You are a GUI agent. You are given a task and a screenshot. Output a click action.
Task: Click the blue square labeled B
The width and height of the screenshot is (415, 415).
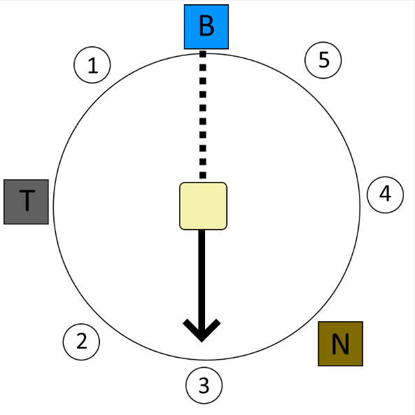point(206,27)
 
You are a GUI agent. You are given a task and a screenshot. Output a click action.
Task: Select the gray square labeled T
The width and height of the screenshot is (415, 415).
point(26,202)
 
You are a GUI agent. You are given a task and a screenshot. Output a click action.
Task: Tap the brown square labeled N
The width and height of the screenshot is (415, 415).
point(340,344)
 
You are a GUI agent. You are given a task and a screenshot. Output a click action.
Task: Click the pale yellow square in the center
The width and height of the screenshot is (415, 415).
point(203,206)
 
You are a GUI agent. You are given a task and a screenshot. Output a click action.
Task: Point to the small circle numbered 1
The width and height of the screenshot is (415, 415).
point(92,65)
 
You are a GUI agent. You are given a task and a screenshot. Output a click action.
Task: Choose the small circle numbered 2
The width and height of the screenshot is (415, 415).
point(81,342)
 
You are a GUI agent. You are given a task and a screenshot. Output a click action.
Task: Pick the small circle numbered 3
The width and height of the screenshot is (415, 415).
point(204,386)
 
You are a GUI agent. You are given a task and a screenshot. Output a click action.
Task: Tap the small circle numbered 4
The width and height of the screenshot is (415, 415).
point(386,195)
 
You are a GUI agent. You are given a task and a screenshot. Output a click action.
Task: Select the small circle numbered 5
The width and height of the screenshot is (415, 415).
point(323,60)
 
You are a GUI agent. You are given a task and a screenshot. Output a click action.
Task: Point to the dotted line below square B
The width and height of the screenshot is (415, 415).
point(203,114)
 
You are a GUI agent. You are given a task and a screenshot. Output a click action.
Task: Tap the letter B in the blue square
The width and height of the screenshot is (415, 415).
point(206,26)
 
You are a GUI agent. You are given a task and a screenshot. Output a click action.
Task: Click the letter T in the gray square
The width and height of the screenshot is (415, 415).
point(27,200)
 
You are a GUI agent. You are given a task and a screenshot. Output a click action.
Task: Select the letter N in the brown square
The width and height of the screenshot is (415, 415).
point(340,344)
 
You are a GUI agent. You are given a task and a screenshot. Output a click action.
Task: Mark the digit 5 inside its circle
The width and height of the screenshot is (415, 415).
point(324,59)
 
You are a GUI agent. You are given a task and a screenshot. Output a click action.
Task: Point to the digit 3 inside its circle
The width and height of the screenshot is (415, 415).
point(204,385)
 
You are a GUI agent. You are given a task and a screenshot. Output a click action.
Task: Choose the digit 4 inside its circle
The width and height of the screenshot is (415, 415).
point(386,193)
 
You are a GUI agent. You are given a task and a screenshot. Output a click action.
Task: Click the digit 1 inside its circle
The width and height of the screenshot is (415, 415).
point(92,65)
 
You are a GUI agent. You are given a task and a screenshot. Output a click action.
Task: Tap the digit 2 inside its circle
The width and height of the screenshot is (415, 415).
point(81,341)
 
